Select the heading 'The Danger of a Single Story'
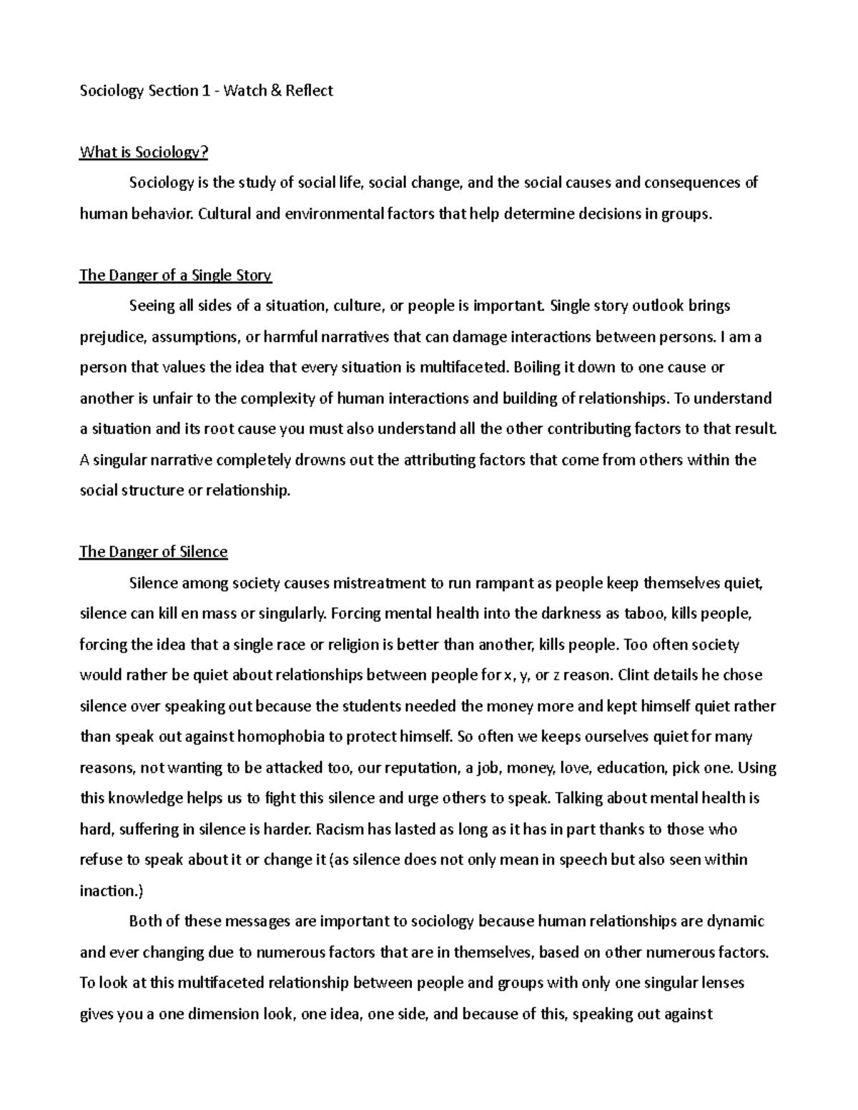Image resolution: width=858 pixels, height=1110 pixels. point(175,275)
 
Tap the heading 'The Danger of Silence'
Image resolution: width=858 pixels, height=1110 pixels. point(153,552)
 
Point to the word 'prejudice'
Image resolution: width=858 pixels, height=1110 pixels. point(111,337)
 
